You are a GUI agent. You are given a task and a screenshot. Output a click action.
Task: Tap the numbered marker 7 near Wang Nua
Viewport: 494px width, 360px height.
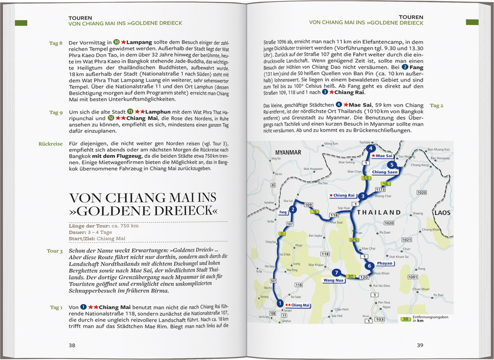click(336, 273)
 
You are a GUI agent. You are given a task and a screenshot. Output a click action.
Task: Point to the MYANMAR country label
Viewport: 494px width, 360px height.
click(287, 153)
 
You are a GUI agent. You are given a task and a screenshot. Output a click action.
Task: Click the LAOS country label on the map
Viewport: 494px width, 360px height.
click(442, 212)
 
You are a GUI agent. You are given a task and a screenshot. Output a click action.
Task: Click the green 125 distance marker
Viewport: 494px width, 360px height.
click(353, 240)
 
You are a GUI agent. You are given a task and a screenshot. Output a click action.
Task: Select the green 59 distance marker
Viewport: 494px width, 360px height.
click(367, 178)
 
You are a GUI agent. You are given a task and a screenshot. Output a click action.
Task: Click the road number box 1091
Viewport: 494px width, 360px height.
click(412, 277)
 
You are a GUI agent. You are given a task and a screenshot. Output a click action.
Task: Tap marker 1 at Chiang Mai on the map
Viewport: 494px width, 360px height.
click(280, 303)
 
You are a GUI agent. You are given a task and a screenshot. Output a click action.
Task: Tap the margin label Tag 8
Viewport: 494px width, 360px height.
click(56, 43)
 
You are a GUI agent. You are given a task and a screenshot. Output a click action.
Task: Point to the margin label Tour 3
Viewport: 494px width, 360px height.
click(54, 251)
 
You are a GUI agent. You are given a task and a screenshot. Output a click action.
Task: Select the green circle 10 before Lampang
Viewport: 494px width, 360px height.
click(117, 43)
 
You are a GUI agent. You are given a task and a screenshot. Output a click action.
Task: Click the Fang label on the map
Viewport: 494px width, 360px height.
click(282, 212)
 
